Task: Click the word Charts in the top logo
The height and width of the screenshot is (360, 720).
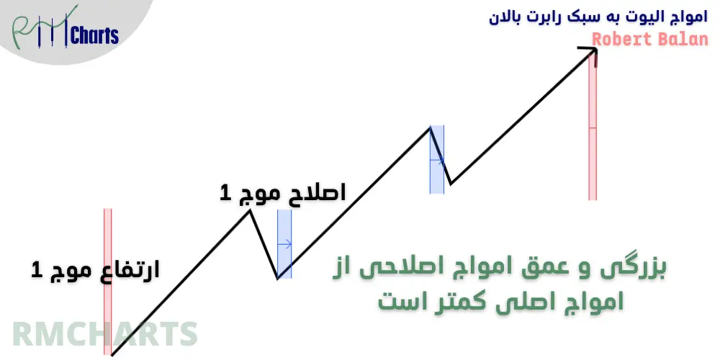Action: (x=94, y=35)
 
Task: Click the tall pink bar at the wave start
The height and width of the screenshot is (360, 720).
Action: (x=108, y=281)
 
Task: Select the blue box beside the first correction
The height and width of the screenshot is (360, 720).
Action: (x=284, y=244)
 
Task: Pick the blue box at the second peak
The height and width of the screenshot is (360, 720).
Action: (x=436, y=160)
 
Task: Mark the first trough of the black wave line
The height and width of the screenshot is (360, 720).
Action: (x=278, y=278)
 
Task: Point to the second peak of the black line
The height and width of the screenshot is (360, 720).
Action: (x=431, y=127)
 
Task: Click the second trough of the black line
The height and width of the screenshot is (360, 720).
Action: (x=450, y=184)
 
